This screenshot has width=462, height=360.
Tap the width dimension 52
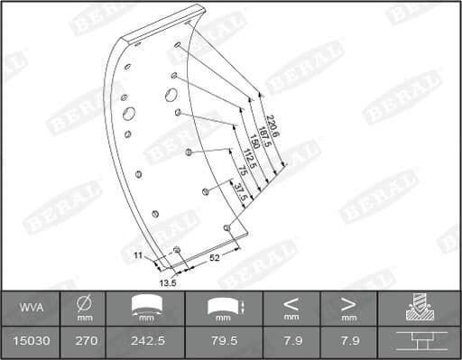pos(215,258)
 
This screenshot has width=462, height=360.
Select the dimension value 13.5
pos(168,282)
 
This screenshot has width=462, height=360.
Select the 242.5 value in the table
pos(145,342)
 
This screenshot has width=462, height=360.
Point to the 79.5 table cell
pos(224,342)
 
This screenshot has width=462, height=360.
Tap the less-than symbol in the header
pos(291,303)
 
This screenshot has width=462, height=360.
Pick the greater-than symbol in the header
pos(348,303)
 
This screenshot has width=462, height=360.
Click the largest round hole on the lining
pos(128,114)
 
